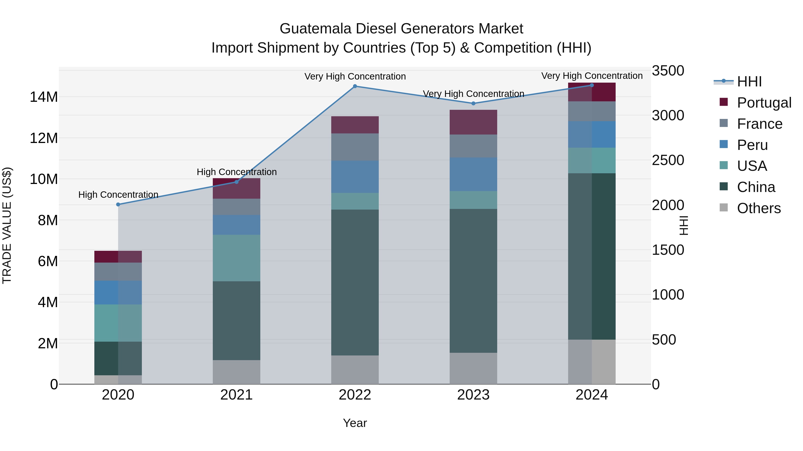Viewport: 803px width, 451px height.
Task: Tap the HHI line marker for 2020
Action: click(x=118, y=204)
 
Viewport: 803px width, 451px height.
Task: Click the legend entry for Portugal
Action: click(x=764, y=103)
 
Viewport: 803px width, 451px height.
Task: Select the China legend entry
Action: click(x=756, y=187)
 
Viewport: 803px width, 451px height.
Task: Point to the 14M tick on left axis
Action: click(x=44, y=97)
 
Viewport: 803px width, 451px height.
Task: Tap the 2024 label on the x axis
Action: click(x=591, y=395)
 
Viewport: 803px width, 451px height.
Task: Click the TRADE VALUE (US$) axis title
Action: click(x=7, y=225)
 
